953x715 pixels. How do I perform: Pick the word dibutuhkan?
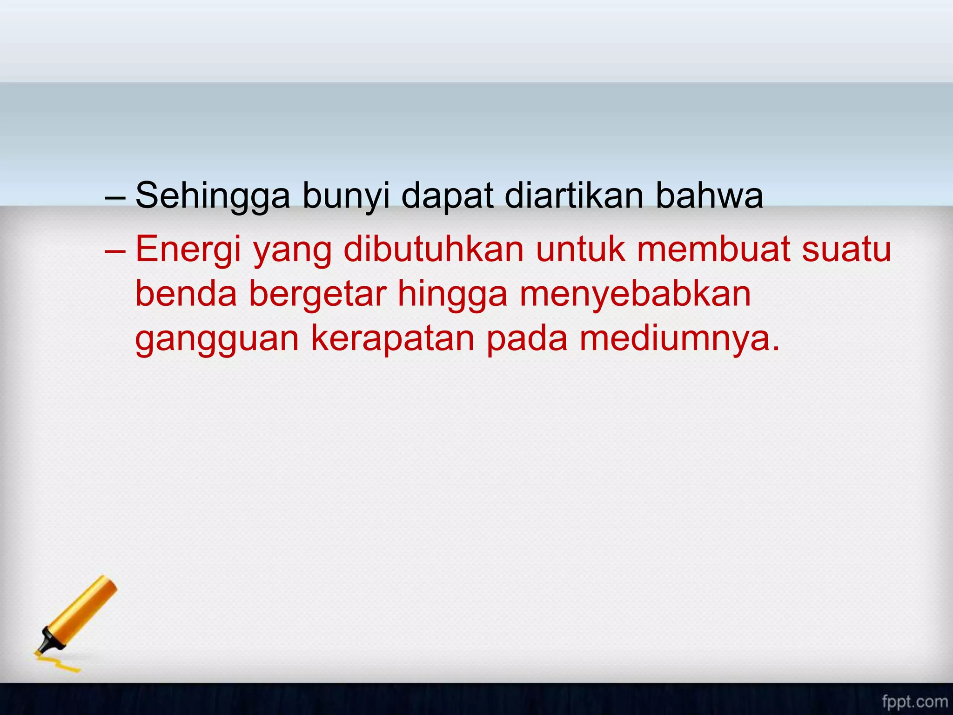(434, 249)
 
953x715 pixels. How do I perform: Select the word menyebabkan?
(635, 294)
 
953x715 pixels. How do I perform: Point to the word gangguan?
(217, 339)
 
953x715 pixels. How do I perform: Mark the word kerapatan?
(393, 338)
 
